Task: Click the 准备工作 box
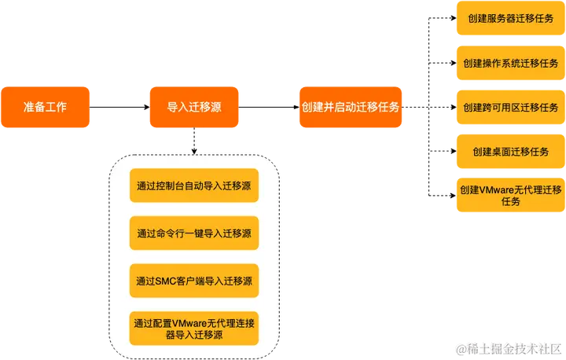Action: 46,106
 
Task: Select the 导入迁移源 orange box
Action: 193,106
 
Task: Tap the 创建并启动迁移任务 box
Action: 350,106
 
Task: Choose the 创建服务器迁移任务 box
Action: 510,18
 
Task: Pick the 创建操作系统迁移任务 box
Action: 510,63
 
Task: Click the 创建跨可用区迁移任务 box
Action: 510,107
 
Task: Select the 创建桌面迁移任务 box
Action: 510,151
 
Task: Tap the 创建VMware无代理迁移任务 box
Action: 510,195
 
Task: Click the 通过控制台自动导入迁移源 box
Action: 193,186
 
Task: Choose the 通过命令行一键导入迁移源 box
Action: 193,233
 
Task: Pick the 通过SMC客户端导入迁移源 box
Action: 193,280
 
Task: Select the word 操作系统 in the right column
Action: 503,63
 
